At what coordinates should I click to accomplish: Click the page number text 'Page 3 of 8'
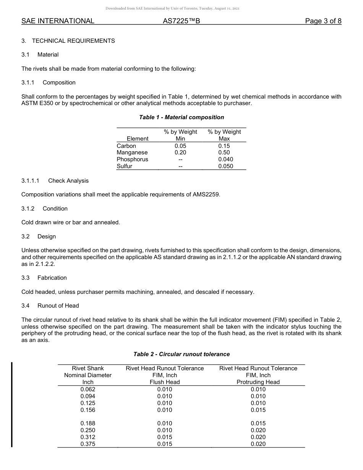pyautogui.click(x=323, y=21)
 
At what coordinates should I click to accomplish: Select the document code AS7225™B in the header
pyautogui.click(x=181, y=21)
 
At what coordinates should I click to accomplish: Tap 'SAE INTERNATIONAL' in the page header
pyautogui.click(x=58, y=21)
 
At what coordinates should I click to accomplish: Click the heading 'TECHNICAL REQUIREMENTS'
pyautogui.click(x=73, y=41)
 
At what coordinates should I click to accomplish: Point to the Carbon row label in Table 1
pyautogui.click(x=126, y=146)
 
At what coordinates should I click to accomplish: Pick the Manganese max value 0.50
pyautogui.click(x=224, y=152)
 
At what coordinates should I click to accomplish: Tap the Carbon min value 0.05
pyautogui.click(x=180, y=146)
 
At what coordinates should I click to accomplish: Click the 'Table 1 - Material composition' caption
pyautogui.click(x=181, y=117)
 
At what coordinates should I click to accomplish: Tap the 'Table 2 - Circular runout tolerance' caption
pyautogui.click(x=181, y=354)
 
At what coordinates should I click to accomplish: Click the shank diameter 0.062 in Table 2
pyautogui.click(x=88, y=389)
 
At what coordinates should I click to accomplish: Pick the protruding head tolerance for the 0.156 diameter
pyautogui.click(x=258, y=410)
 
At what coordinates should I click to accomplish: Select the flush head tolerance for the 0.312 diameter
pyautogui.click(x=165, y=437)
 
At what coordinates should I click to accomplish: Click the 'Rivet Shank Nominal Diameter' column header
pyautogui.click(x=88, y=375)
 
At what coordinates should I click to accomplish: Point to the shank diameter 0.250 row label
pyautogui.click(x=88, y=430)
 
